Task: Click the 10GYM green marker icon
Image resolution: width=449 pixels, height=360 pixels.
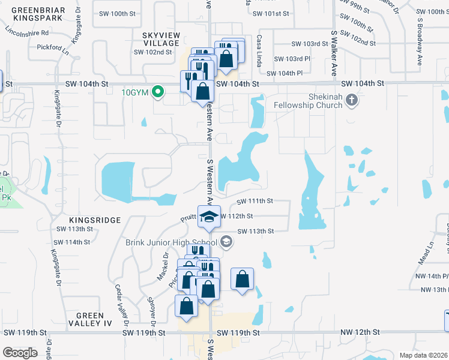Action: coord(158,92)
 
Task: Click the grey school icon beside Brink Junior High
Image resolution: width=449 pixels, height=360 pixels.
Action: coord(226,242)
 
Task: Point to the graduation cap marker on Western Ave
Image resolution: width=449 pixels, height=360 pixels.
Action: coord(209,217)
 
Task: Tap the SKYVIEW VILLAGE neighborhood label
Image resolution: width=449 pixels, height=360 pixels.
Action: coord(161,40)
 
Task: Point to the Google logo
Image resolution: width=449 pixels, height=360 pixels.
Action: coord(20,353)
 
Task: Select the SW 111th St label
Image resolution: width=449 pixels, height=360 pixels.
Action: coord(255,202)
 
